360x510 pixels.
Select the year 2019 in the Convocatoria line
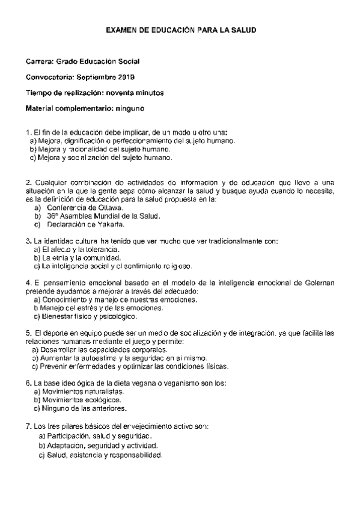coord(126,77)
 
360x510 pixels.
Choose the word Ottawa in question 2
coord(109,207)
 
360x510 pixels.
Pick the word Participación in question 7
coord(68,435)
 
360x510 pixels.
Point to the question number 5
coord(28,333)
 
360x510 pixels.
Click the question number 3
coord(28,241)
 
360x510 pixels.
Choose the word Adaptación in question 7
coord(67,446)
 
